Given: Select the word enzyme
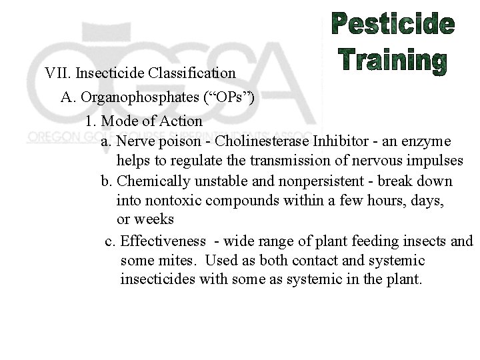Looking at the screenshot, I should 428,141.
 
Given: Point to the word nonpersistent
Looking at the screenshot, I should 303,181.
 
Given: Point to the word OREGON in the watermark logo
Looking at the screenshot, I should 53,137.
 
